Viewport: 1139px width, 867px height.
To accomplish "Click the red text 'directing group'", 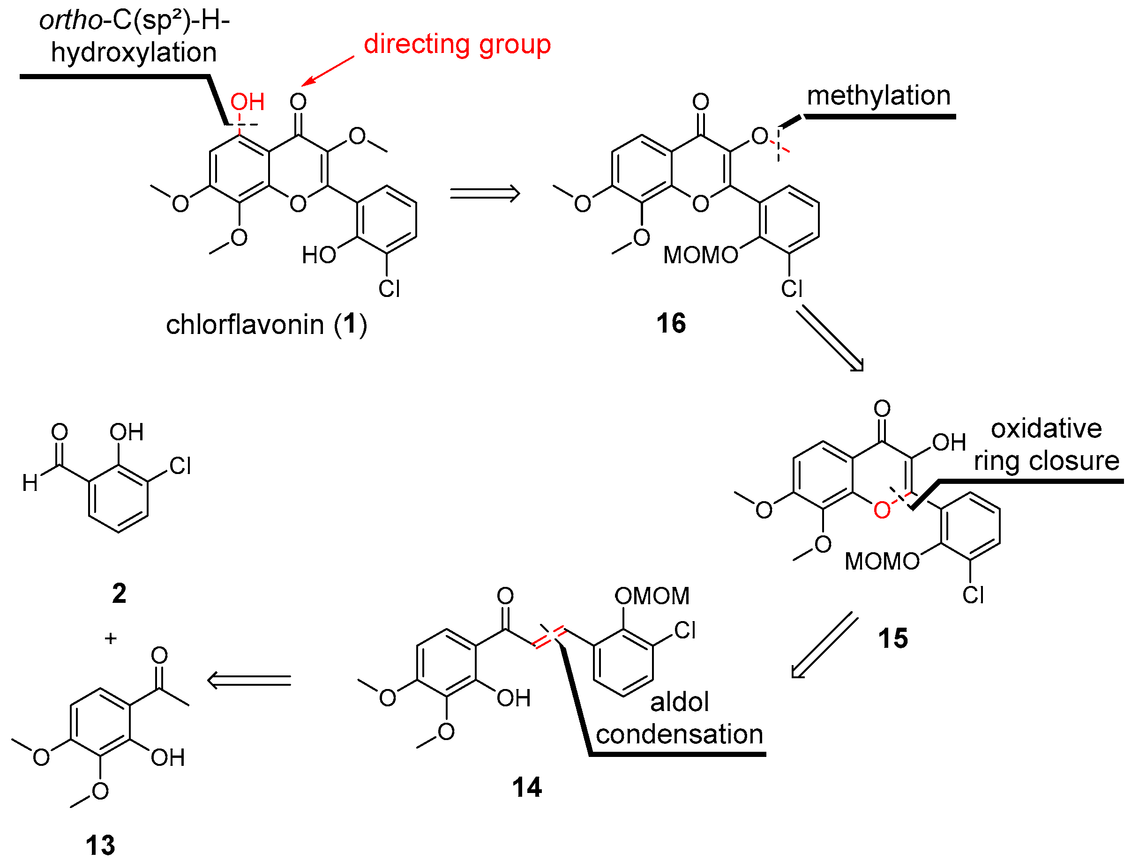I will pyautogui.click(x=457, y=45).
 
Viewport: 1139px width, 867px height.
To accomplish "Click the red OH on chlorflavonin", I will pyautogui.click(x=247, y=102).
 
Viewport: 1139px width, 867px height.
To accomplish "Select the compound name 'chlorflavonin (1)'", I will pyautogui.click(x=266, y=325).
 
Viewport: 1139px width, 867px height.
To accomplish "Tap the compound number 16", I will pyautogui.click(x=671, y=324).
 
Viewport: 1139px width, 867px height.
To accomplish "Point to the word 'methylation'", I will pyautogui.click(x=878, y=96).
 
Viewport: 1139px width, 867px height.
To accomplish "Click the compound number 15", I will pyautogui.click(x=893, y=638).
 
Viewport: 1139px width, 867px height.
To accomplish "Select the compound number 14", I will pyautogui.click(x=527, y=787).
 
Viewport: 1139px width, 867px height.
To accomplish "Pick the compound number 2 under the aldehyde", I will pyautogui.click(x=119, y=593).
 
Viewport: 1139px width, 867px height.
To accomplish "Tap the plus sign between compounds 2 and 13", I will pyautogui.click(x=111, y=638).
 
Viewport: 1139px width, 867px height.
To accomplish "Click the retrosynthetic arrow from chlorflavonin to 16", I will pyautogui.click(x=485, y=193).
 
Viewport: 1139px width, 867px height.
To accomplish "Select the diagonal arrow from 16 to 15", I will pyautogui.click(x=829, y=339).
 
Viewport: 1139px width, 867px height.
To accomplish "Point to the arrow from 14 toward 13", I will pyautogui.click(x=249, y=680).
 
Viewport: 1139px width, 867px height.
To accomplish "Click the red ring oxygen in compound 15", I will pyautogui.click(x=882, y=511).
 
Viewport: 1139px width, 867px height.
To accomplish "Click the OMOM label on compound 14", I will pyautogui.click(x=652, y=596).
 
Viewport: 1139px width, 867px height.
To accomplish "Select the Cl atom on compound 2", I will pyautogui.click(x=180, y=466).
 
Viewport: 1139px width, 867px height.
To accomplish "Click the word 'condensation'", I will pyautogui.click(x=680, y=734).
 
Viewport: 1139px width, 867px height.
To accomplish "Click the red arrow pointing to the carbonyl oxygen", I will pyautogui.click(x=329, y=71).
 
